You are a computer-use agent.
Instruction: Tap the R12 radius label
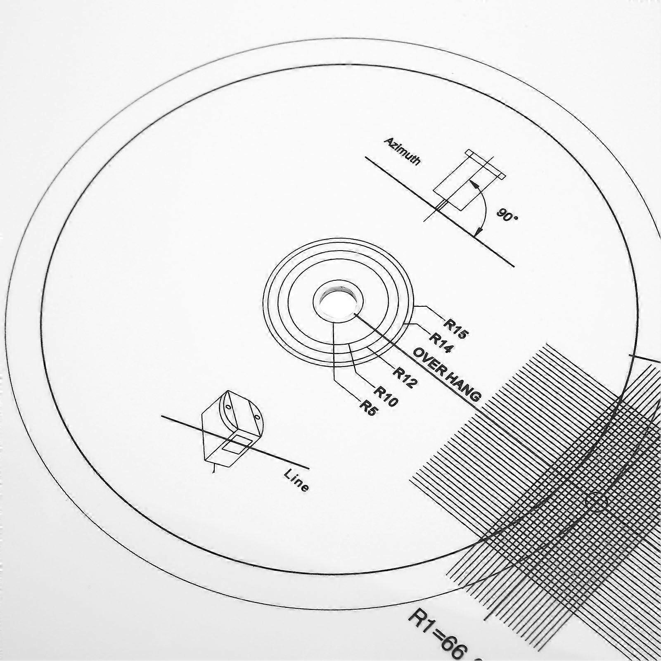[x=405, y=377]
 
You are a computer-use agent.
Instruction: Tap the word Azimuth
[x=402, y=152]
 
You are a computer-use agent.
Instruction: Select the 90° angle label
[x=507, y=215]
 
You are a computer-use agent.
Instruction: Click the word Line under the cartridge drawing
[x=296, y=481]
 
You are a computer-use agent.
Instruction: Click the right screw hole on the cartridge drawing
[x=257, y=418]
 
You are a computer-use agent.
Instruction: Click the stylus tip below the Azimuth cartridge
[x=441, y=205]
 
